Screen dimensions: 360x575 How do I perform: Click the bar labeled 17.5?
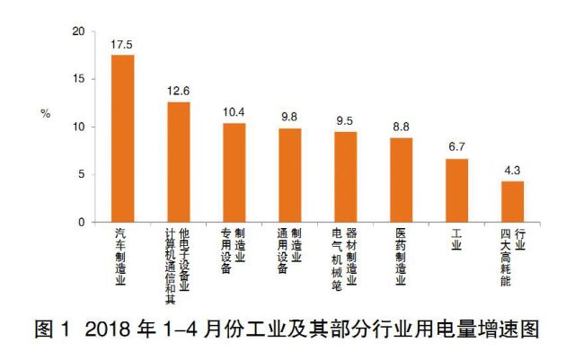(x=122, y=138)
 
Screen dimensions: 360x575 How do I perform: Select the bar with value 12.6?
(x=178, y=162)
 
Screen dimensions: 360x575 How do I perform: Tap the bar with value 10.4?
(x=234, y=172)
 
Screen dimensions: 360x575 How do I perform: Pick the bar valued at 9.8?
(x=289, y=175)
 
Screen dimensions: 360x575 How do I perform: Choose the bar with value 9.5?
(x=345, y=177)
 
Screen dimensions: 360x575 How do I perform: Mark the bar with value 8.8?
(x=401, y=180)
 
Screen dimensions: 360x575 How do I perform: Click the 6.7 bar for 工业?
(x=456, y=190)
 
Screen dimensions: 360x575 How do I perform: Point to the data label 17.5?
(x=122, y=43)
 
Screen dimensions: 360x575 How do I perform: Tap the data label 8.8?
(x=401, y=126)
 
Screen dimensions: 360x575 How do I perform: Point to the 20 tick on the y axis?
(x=80, y=31)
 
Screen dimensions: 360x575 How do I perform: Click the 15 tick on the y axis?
(x=80, y=79)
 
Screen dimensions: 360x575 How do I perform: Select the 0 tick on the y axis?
(x=83, y=222)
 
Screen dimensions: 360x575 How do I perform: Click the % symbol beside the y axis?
(x=45, y=114)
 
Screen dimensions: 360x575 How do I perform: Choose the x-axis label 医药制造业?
(x=401, y=256)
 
